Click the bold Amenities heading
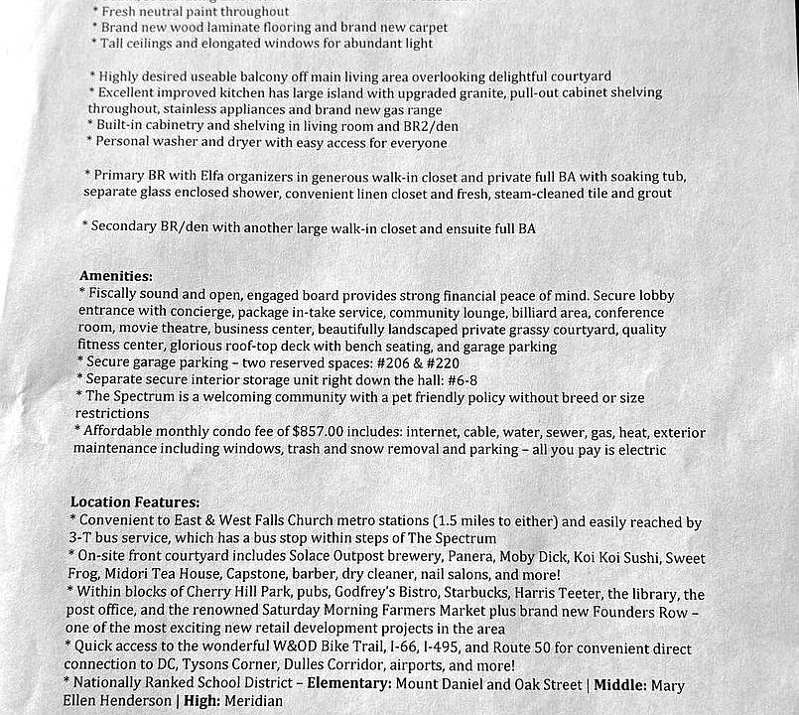[115, 277]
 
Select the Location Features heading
[134, 503]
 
